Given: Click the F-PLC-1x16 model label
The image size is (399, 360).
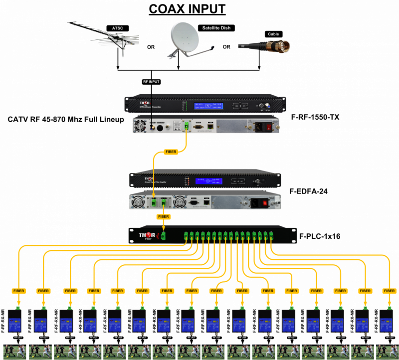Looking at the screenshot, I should pyautogui.click(x=320, y=236).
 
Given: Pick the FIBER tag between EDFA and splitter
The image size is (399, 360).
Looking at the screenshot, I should pyautogui.click(x=163, y=217).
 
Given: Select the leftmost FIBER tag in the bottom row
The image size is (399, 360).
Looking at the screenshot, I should pyautogui.click(x=19, y=291).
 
